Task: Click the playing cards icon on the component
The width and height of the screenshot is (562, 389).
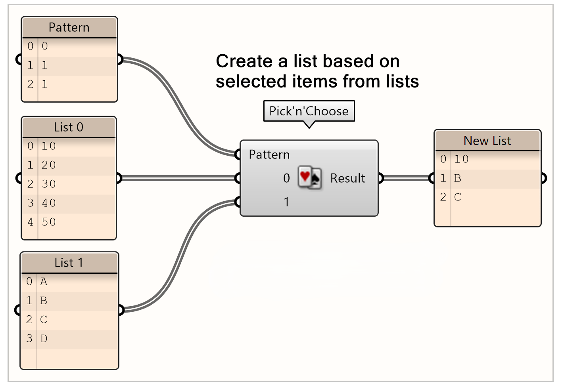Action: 310,178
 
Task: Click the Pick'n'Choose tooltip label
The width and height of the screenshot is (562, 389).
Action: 309,111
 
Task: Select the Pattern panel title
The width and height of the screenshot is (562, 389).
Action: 69,27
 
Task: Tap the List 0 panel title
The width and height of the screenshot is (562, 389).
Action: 69,127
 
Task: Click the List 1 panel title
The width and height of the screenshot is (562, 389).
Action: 69,263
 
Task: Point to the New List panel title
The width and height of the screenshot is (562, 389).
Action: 487,141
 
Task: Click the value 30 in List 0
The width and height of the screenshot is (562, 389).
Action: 49,184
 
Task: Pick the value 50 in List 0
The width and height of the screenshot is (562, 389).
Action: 49,222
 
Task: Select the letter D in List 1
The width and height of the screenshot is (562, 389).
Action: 44,339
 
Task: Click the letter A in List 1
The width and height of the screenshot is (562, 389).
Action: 44,282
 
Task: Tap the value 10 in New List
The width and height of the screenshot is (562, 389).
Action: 461,159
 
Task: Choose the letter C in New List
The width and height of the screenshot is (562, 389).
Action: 458,197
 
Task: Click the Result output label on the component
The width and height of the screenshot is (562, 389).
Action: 347,178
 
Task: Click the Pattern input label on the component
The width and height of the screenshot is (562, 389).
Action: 269,154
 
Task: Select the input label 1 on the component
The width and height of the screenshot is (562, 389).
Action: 286,202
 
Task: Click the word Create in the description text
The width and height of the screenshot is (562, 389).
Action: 244,61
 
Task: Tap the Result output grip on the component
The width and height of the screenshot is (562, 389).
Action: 380,178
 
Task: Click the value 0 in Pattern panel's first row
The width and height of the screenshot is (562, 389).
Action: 45,46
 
